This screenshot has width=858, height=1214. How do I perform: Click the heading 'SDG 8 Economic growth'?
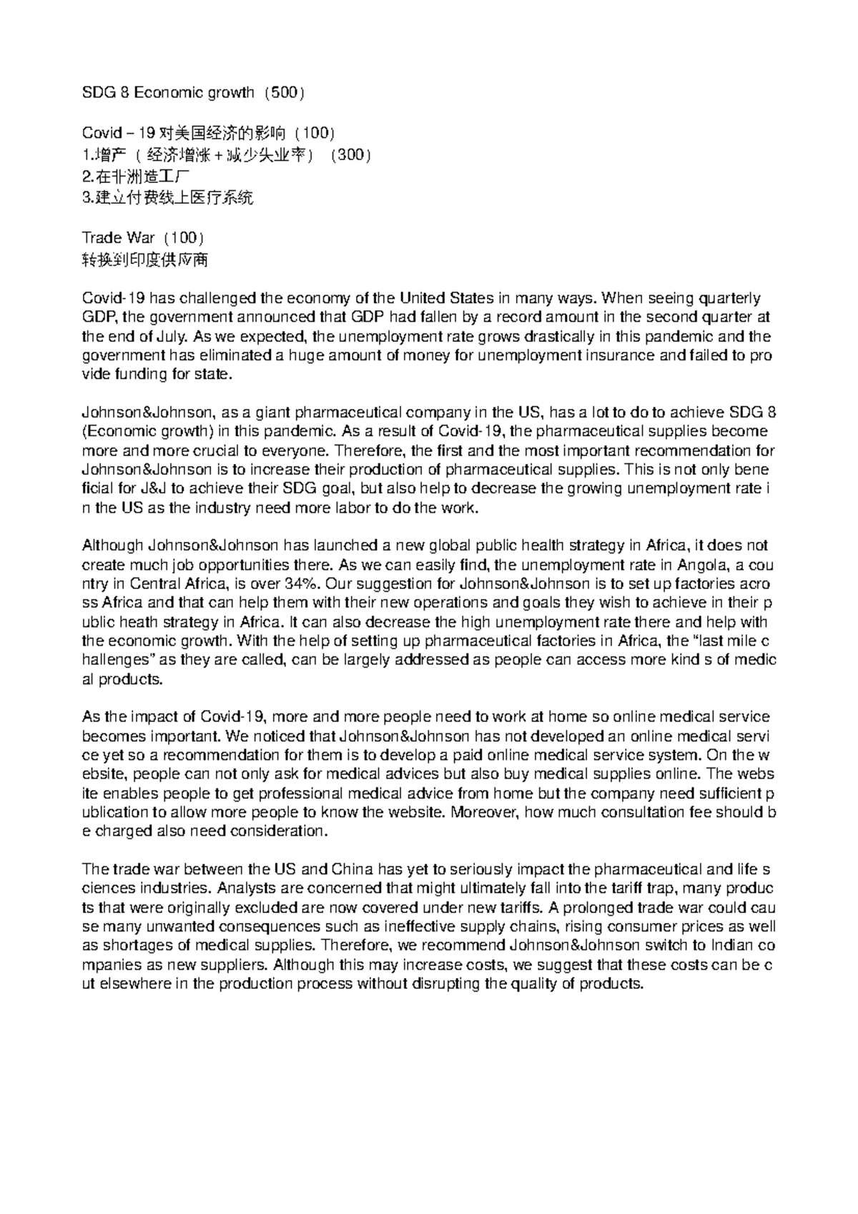click(x=168, y=92)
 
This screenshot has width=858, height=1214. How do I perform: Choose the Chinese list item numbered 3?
click(x=167, y=198)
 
